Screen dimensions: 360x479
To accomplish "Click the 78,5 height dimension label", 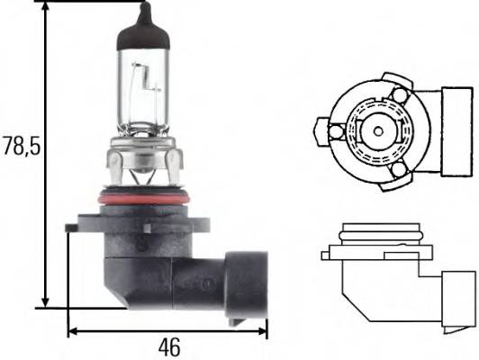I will click(x=20, y=145).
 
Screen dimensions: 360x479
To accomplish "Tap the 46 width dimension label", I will click(x=168, y=346).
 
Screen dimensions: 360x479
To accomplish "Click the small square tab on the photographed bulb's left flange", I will click(x=71, y=229).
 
